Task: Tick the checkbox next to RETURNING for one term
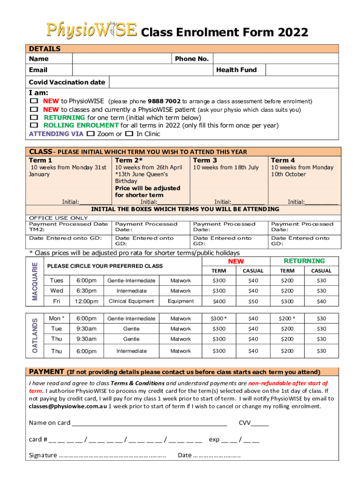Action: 34,117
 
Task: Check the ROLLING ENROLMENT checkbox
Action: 34,125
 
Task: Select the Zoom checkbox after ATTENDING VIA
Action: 91,134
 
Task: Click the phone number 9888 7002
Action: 164,101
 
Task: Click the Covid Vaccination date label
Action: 67,82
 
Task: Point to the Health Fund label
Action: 236,70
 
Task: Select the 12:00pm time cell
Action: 87,302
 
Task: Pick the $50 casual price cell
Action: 253,302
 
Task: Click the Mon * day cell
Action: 57,319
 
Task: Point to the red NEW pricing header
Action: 236,261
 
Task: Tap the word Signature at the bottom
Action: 43,455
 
